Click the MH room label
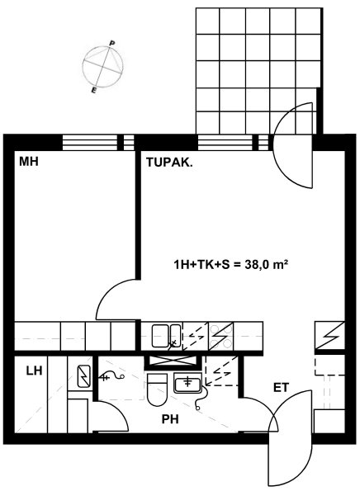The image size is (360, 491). [29, 162]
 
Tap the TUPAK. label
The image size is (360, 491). [169, 163]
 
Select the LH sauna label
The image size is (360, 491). [34, 371]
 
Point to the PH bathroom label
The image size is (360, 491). [170, 419]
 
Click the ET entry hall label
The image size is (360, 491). [281, 388]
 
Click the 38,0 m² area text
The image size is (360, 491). [267, 265]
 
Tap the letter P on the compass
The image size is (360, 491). [111, 43]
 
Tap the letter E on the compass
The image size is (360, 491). [93, 91]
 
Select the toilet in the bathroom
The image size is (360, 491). [157, 389]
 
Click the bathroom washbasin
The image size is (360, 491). [187, 383]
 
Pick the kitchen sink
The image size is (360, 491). [166, 336]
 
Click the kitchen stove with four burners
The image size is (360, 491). [221, 336]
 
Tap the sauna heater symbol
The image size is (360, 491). [84, 376]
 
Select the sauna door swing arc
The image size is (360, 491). [117, 410]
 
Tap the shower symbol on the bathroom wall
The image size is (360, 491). [111, 376]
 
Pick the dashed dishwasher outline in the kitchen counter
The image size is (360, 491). [196, 336]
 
